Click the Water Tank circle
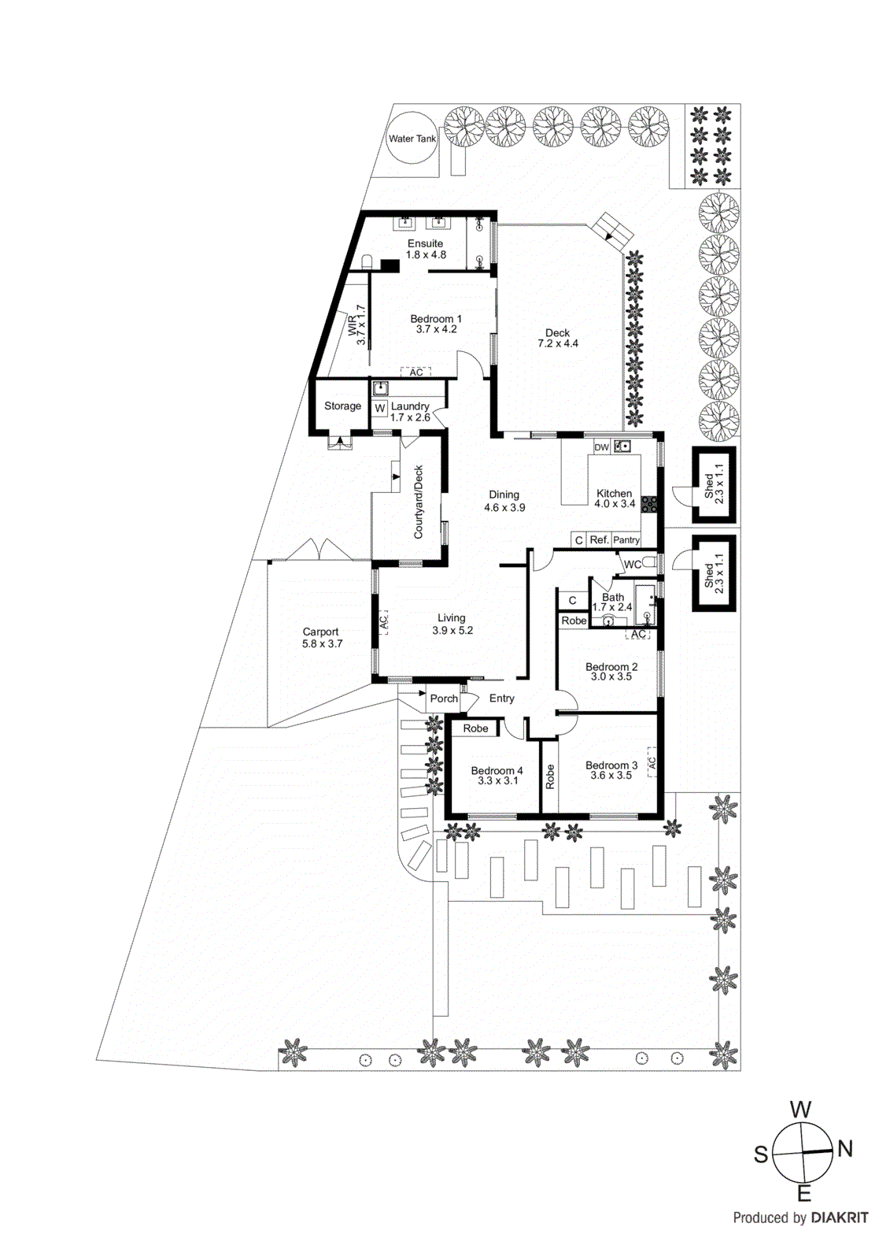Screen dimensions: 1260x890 [x=412, y=139]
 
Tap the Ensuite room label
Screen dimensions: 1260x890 [x=425, y=243]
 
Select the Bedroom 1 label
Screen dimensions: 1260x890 [x=436, y=319]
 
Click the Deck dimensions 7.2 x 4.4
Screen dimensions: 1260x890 [x=558, y=344]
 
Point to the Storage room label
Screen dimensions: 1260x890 [x=342, y=406]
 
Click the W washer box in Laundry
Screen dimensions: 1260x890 [x=380, y=408]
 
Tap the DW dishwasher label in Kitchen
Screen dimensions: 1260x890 [x=602, y=447]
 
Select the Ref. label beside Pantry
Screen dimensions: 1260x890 [x=600, y=540]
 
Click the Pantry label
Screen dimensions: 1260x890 [x=626, y=540]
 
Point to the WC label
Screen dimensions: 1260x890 [x=632, y=565]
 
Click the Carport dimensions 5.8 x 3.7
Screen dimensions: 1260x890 [x=322, y=644]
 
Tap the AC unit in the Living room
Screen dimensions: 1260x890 [x=383, y=621]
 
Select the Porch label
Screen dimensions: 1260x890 [x=444, y=699]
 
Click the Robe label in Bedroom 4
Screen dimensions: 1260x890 [x=475, y=728]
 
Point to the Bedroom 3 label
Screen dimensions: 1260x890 [x=611, y=765]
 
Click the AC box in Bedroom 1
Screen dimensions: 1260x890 [x=415, y=372]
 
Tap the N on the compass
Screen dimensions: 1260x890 [x=845, y=1149]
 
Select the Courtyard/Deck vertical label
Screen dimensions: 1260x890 [x=419, y=502]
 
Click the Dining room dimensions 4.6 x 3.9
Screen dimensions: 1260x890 [x=504, y=508]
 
